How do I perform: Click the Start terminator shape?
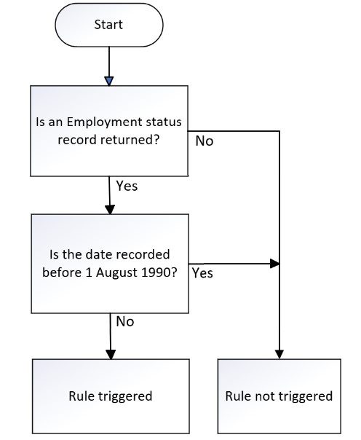[x=108, y=25]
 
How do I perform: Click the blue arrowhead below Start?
[x=109, y=81]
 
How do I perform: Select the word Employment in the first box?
[x=104, y=122]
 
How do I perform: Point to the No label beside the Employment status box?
[x=205, y=141]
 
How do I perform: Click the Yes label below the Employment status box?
[x=127, y=186]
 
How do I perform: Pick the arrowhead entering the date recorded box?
[x=110, y=210]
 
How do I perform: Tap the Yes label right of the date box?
[x=202, y=273]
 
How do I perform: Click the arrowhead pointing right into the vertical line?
[x=274, y=264]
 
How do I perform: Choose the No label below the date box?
[x=125, y=321]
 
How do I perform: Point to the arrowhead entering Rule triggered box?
[x=111, y=355]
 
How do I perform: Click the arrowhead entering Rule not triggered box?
[x=279, y=354]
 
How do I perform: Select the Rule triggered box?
[x=111, y=396]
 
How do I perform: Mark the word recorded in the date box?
[x=143, y=254]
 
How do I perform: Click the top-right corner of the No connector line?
[x=279, y=131]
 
